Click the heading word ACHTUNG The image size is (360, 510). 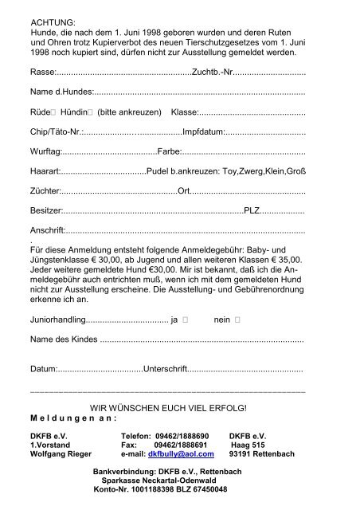(x=52, y=23)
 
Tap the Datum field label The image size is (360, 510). (x=44, y=371)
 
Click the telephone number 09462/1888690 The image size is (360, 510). (x=181, y=436)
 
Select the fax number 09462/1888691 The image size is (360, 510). (x=181, y=445)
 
